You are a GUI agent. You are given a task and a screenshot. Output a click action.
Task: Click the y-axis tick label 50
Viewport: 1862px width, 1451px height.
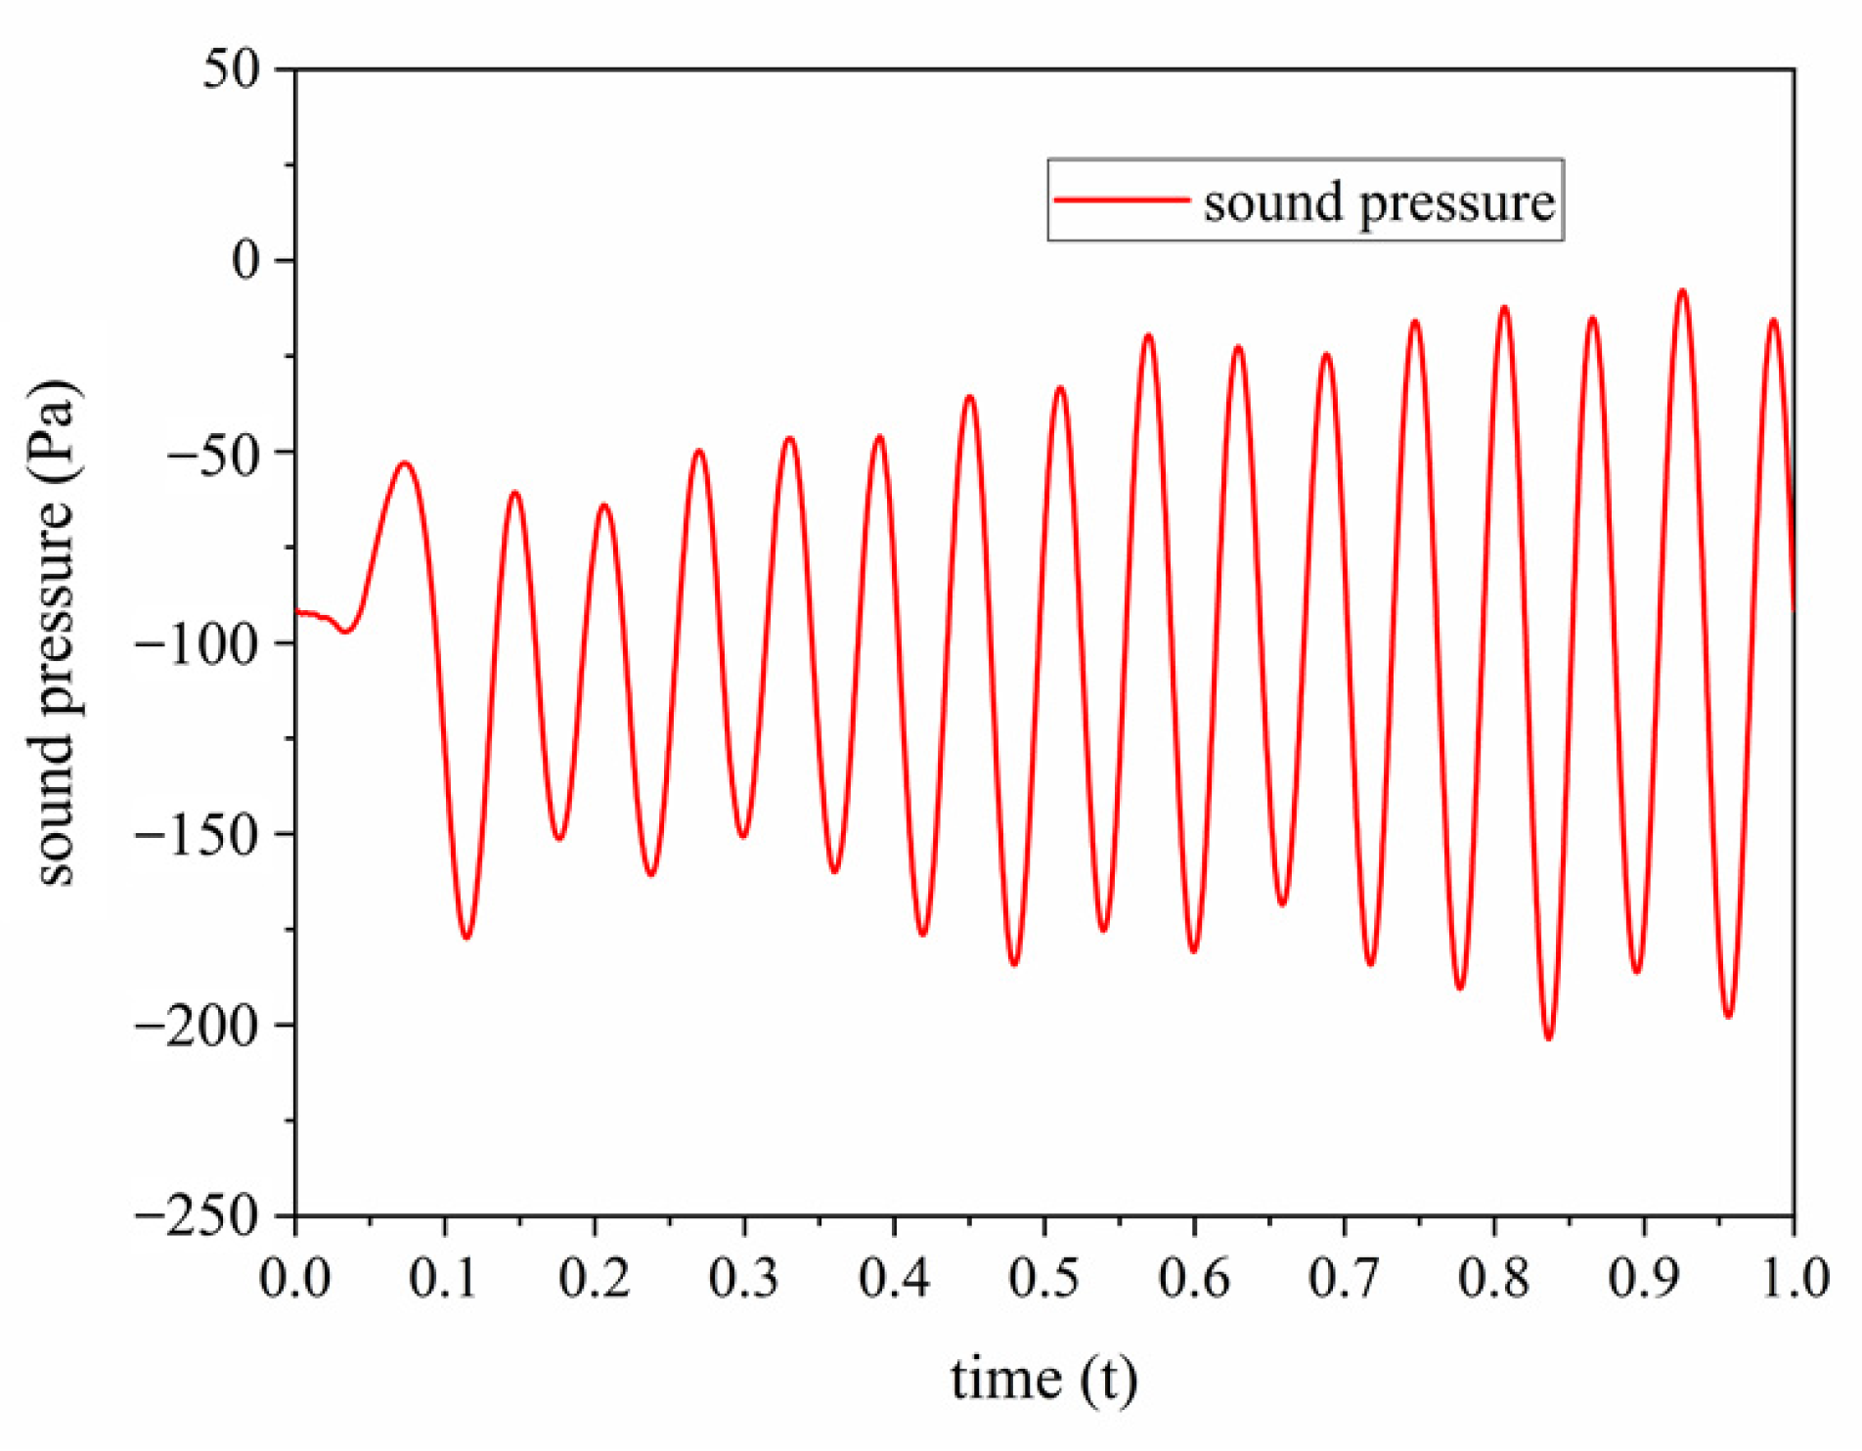233,70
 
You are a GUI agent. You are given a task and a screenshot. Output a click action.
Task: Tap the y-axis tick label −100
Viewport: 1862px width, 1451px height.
201,643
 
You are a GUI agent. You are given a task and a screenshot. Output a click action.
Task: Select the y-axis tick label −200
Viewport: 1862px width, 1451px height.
201,1026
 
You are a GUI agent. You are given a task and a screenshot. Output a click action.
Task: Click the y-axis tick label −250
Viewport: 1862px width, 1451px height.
201,1216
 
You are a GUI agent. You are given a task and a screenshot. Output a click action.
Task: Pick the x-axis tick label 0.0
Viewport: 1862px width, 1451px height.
295,1278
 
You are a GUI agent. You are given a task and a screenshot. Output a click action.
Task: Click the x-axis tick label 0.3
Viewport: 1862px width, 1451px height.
744,1278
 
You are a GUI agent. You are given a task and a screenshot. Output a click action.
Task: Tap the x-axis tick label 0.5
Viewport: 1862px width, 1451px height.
1044,1278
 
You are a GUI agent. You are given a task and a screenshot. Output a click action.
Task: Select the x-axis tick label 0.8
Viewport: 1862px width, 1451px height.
1494,1278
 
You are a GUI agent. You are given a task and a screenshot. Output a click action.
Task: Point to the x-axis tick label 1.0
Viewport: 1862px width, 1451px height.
1795,1278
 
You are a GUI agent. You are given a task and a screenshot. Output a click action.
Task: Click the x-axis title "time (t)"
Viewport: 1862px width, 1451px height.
1043,1380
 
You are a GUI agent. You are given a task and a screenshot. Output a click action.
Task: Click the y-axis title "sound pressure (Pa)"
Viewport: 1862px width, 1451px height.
55,634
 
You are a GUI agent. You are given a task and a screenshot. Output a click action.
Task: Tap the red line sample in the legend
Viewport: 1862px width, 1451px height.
1122,199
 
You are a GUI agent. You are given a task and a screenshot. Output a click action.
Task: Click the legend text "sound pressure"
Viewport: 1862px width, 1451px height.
1379,203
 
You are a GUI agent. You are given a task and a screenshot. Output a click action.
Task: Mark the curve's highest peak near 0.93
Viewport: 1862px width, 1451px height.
1682,290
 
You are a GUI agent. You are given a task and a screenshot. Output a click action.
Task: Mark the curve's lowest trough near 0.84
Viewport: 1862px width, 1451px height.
1548,1038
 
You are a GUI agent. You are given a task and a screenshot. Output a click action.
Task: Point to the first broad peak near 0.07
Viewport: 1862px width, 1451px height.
404,462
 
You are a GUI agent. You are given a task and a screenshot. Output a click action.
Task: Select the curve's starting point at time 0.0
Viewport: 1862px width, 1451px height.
296,613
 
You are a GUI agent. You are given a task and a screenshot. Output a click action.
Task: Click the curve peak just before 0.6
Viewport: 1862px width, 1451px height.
1148,335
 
